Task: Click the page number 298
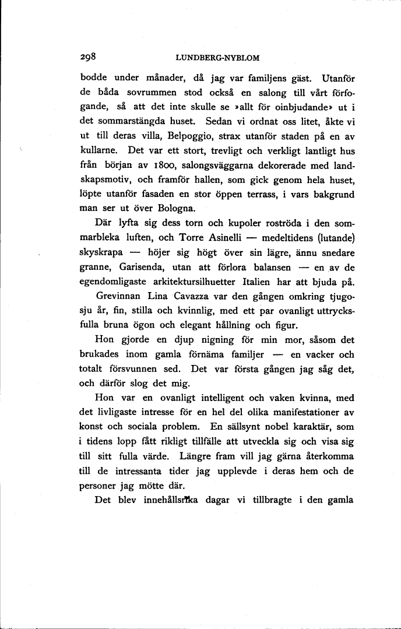coord(89,57)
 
